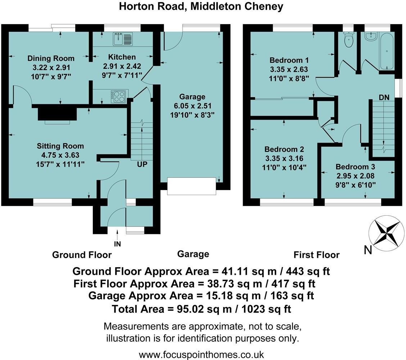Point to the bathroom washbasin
pyautogui.click(x=370, y=36)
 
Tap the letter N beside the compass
pyautogui.click(x=367, y=250)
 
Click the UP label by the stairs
pyautogui.click(x=142, y=164)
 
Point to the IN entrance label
pyautogui.click(x=117, y=244)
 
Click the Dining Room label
pyautogui.click(x=51, y=58)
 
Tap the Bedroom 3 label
pyautogui.click(x=355, y=167)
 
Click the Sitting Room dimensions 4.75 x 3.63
pyautogui.click(x=60, y=155)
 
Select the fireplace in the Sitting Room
pyautogui.click(x=57, y=113)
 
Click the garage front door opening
pyautogui.click(x=192, y=186)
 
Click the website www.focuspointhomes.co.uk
pyautogui.click(x=202, y=354)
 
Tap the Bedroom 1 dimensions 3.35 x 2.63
pyautogui.click(x=289, y=69)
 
